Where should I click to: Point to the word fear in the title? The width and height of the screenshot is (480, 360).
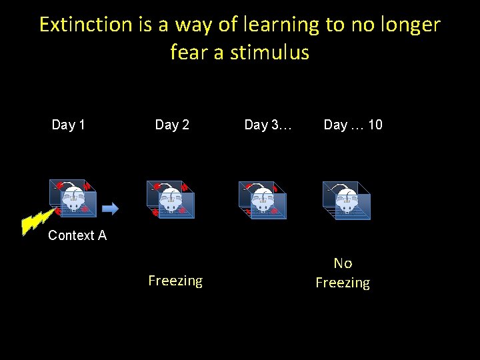(189, 52)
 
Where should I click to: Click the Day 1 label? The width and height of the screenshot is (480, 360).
(68, 125)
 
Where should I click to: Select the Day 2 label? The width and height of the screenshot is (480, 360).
(172, 125)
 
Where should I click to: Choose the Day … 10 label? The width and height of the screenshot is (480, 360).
(353, 125)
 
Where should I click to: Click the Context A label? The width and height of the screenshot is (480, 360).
(77, 235)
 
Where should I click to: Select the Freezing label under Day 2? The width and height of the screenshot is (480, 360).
(175, 281)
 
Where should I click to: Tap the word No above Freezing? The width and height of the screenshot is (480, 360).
(343, 263)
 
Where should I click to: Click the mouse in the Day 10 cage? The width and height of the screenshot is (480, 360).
(347, 200)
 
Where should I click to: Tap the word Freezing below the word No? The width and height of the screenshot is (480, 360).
(343, 283)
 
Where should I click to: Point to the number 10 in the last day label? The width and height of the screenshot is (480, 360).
(375, 125)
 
